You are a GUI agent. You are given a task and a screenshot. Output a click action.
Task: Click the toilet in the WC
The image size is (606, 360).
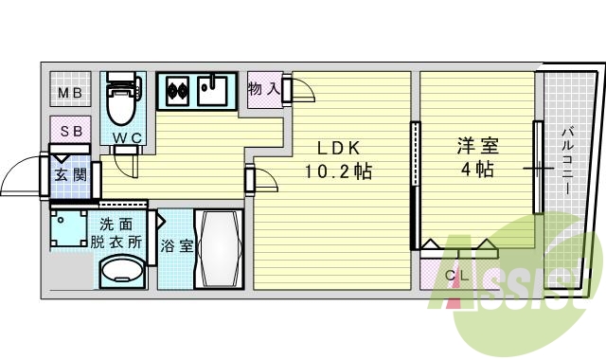click(121, 102)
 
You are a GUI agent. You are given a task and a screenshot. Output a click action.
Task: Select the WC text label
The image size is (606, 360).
click(127, 139)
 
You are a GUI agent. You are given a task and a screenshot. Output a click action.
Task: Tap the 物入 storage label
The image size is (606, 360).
click(263, 89)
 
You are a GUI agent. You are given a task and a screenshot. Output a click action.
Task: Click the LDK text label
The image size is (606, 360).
click(337, 149)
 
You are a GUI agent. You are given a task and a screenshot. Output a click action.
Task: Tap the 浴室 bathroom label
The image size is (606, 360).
click(176, 246)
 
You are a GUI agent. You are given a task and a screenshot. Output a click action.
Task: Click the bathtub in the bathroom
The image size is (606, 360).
click(219, 248)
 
